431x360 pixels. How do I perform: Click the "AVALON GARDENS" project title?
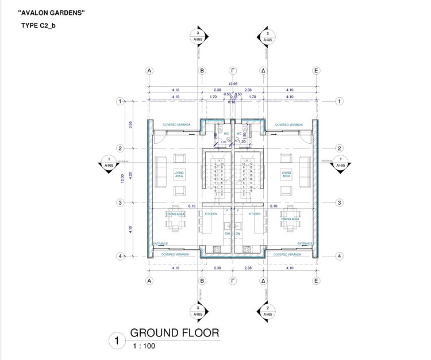pyautogui.click(x=52, y=13)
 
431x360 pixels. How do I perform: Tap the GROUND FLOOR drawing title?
pyautogui.click(x=174, y=333)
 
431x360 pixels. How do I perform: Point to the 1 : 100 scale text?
pyautogui.click(x=144, y=346)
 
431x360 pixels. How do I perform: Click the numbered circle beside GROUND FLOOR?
pyautogui.click(x=117, y=340)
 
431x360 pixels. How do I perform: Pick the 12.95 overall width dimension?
pyautogui.click(x=232, y=84)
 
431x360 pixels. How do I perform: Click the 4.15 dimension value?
pyautogui.click(x=131, y=229)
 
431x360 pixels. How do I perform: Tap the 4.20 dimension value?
pyautogui.click(x=131, y=175)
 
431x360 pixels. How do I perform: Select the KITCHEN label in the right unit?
pyautogui.click(x=255, y=213)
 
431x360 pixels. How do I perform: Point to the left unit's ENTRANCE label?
pyautogui.click(x=160, y=243)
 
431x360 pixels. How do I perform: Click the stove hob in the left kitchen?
pyautogui.click(x=217, y=250)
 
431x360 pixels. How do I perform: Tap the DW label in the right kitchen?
pyautogui.click(x=237, y=234)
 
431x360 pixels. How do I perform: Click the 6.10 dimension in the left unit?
pyautogui.click(x=192, y=206)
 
